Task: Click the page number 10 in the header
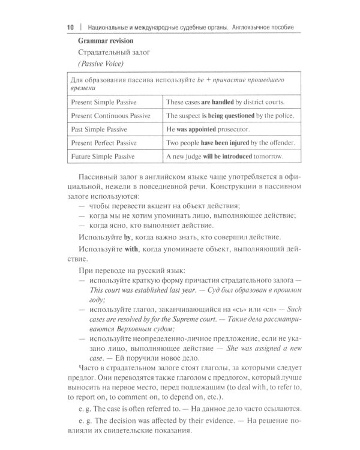click(69, 28)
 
